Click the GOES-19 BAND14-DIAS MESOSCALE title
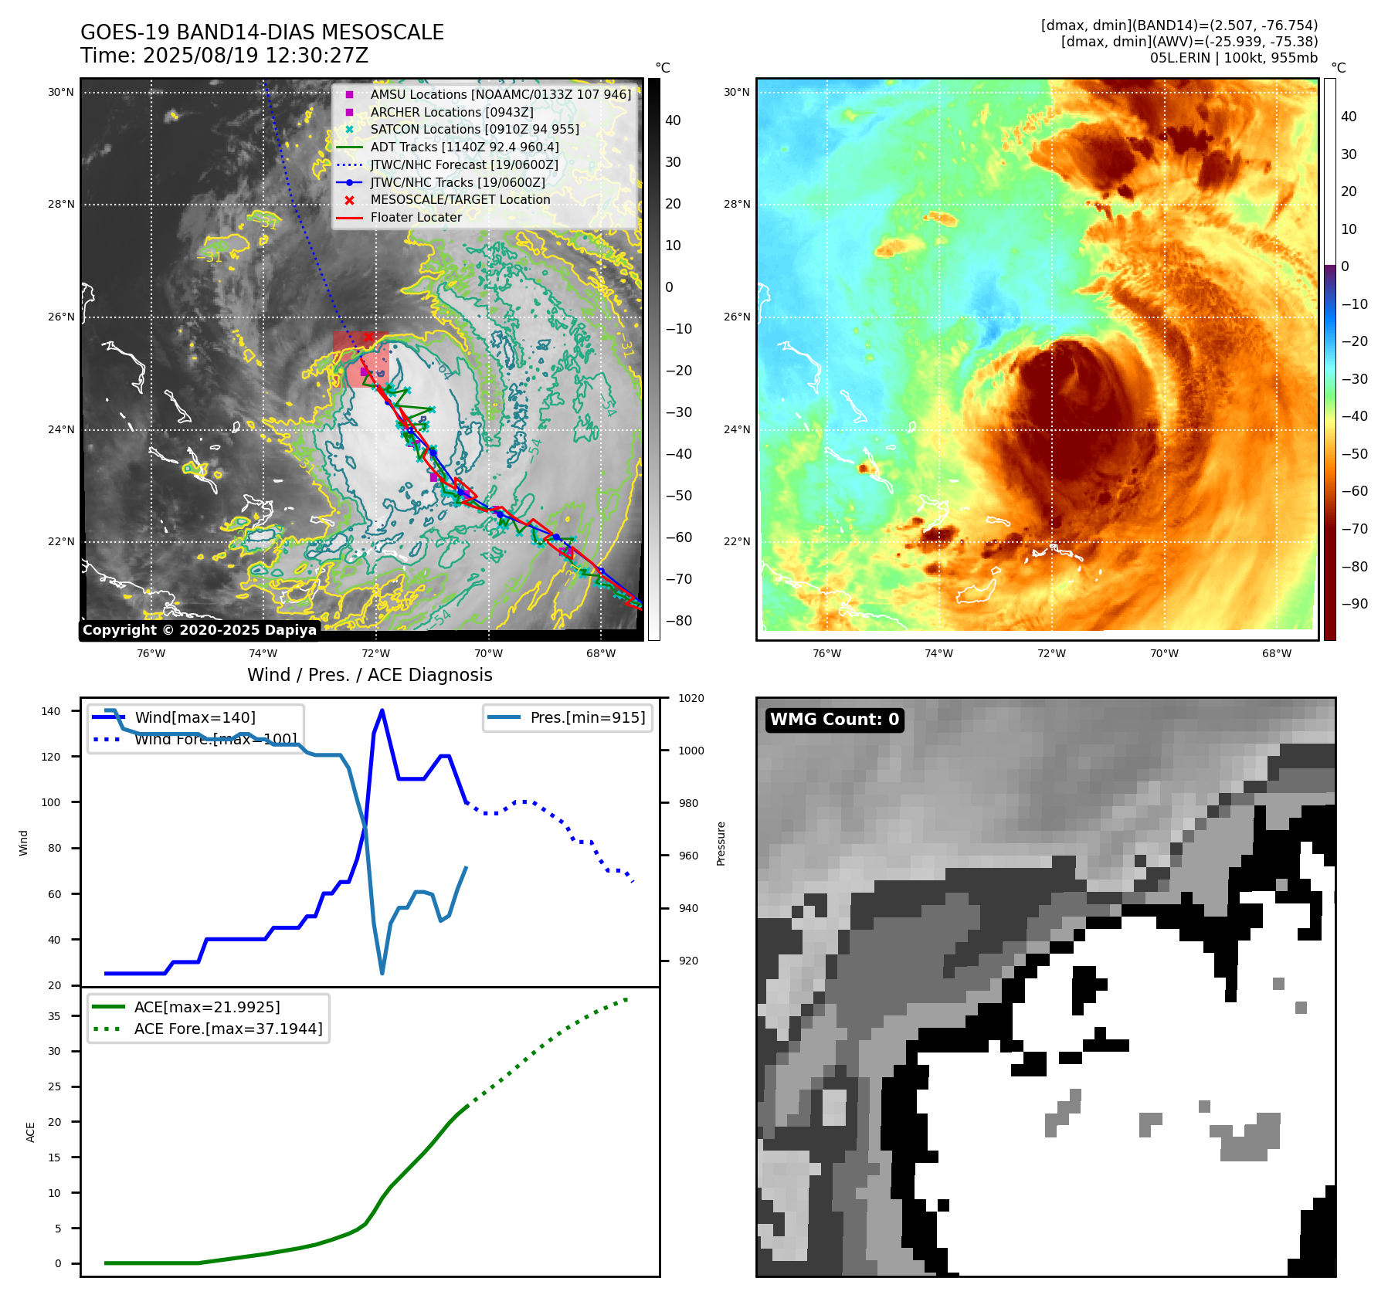(x=262, y=32)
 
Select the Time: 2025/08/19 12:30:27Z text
(x=224, y=56)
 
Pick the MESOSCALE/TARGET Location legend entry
(x=460, y=199)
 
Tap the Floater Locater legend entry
(x=416, y=217)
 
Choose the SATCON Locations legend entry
(x=474, y=129)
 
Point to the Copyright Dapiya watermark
(x=199, y=630)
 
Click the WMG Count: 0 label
(x=834, y=720)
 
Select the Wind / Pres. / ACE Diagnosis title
(x=369, y=675)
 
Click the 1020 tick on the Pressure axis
(x=691, y=698)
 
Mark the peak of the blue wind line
(x=382, y=710)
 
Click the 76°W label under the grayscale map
(x=151, y=653)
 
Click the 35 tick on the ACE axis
(x=54, y=1016)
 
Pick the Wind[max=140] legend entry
(x=195, y=717)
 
